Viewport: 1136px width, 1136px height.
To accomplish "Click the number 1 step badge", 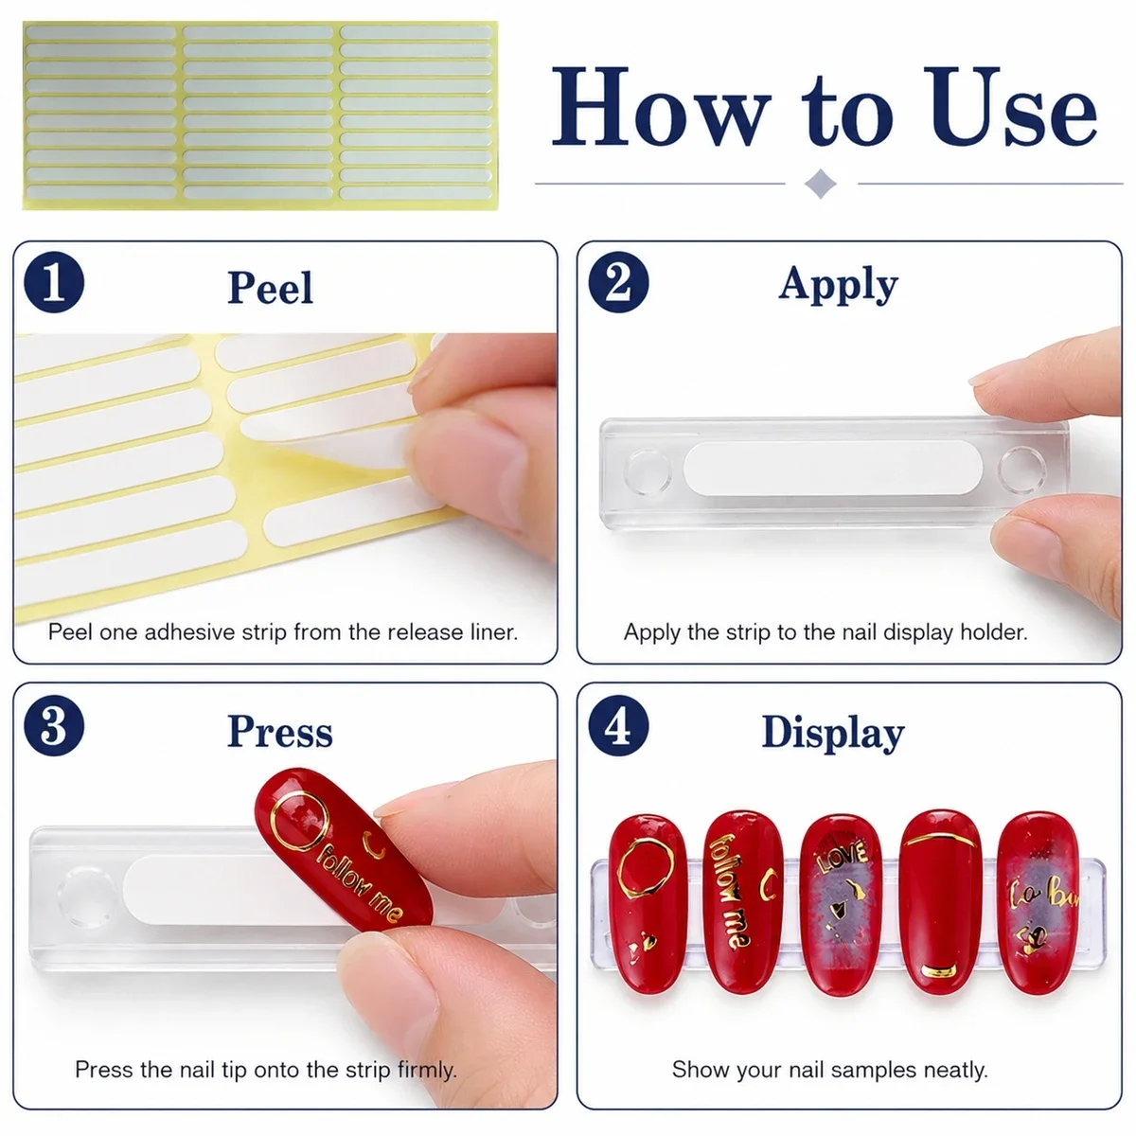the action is tap(54, 282).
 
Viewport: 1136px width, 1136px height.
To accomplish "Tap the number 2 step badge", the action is tap(618, 282).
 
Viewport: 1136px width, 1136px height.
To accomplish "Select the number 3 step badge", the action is tap(54, 726).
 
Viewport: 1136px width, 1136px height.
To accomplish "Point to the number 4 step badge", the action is tap(618, 726).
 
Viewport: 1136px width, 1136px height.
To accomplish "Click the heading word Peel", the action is tap(270, 288).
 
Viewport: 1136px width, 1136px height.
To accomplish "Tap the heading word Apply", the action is tap(838, 285).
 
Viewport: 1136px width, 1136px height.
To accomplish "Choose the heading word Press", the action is tap(280, 732).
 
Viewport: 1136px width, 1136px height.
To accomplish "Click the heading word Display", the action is tap(833, 734).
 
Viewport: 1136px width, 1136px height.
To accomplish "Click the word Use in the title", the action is tap(1009, 107).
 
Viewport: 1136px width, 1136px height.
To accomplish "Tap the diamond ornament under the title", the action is tap(820, 184).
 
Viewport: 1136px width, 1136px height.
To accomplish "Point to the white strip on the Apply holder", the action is tap(833, 468).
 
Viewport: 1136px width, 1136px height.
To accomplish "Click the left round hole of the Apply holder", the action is tap(648, 471).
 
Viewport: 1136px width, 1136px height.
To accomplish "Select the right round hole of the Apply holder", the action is tap(1021, 470).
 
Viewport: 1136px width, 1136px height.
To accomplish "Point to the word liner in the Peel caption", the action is tap(494, 632).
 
